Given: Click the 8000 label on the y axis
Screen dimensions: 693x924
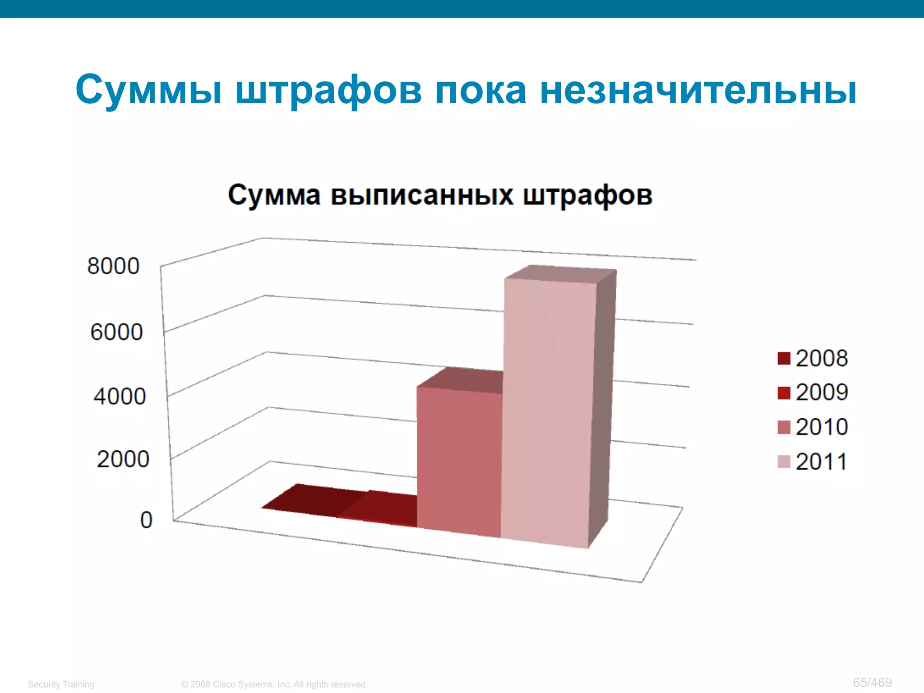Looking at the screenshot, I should pos(113,266).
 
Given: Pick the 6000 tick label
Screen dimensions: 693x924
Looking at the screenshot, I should pos(116,332).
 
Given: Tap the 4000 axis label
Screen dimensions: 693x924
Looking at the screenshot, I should pos(120,396).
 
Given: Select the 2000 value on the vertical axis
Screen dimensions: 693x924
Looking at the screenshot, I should pos(123,459).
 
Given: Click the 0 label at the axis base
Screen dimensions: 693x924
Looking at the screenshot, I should pos(146,520).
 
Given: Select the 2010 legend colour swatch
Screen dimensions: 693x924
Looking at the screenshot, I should pos(784,427).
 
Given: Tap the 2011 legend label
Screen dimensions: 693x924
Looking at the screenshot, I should pos(821,462).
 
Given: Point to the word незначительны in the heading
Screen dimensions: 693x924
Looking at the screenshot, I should pos(698,90).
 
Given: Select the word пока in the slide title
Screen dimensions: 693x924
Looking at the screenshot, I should pos(480,90).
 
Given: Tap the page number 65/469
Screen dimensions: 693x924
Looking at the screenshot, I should pos(872,682).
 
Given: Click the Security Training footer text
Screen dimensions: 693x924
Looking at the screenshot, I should pos(61,684).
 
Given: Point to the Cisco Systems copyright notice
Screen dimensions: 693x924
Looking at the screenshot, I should pos(274,684).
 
